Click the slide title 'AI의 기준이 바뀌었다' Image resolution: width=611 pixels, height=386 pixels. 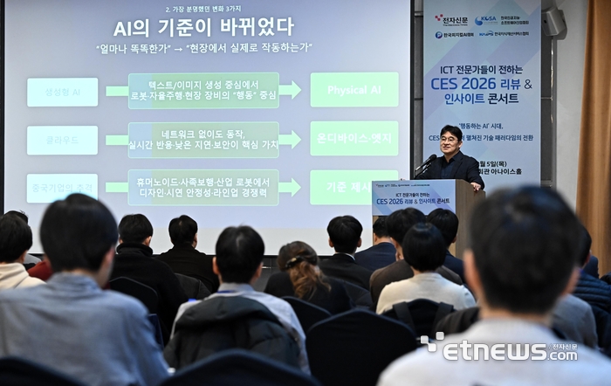(x=203, y=27)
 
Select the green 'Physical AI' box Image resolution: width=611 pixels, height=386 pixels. (x=354, y=90)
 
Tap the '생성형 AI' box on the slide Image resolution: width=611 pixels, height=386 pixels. (x=62, y=92)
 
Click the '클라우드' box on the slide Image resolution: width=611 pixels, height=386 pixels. (x=62, y=140)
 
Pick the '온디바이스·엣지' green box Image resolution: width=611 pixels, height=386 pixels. (x=354, y=138)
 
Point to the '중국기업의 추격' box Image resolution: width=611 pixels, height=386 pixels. (x=62, y=188)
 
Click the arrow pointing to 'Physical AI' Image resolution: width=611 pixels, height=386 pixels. (x=291, y=90)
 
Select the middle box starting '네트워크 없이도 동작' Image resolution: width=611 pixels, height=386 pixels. (x=203, y=139)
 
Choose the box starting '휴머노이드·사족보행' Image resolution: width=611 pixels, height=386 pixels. (x=203, y=187)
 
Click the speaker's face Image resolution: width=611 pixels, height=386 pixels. (x=450, y=140)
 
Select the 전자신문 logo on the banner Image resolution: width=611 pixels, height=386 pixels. (x=451, y=19)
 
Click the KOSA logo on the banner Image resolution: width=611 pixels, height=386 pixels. (x=486, y=19)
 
